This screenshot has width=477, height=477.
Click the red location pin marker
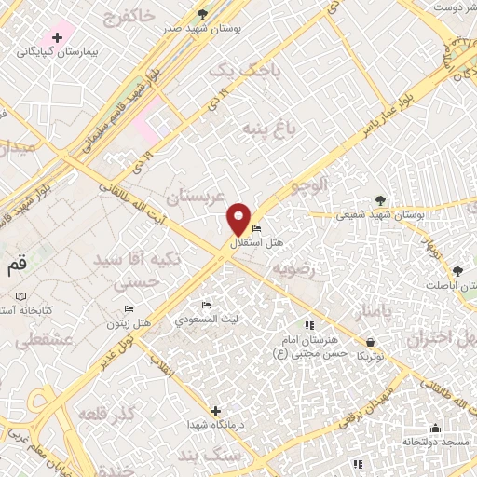239,220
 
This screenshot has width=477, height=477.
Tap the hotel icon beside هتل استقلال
256,230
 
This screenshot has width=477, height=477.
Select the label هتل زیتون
129,322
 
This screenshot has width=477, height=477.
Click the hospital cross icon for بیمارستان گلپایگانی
58,38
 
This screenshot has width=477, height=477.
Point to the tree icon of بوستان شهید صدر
203,14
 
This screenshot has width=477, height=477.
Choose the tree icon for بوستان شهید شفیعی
379,200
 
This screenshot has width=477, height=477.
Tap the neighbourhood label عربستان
198,197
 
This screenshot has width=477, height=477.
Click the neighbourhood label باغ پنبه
268,127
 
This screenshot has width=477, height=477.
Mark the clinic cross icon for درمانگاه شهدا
215,411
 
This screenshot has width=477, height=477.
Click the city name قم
17,265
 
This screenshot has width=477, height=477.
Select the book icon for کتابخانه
20,296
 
